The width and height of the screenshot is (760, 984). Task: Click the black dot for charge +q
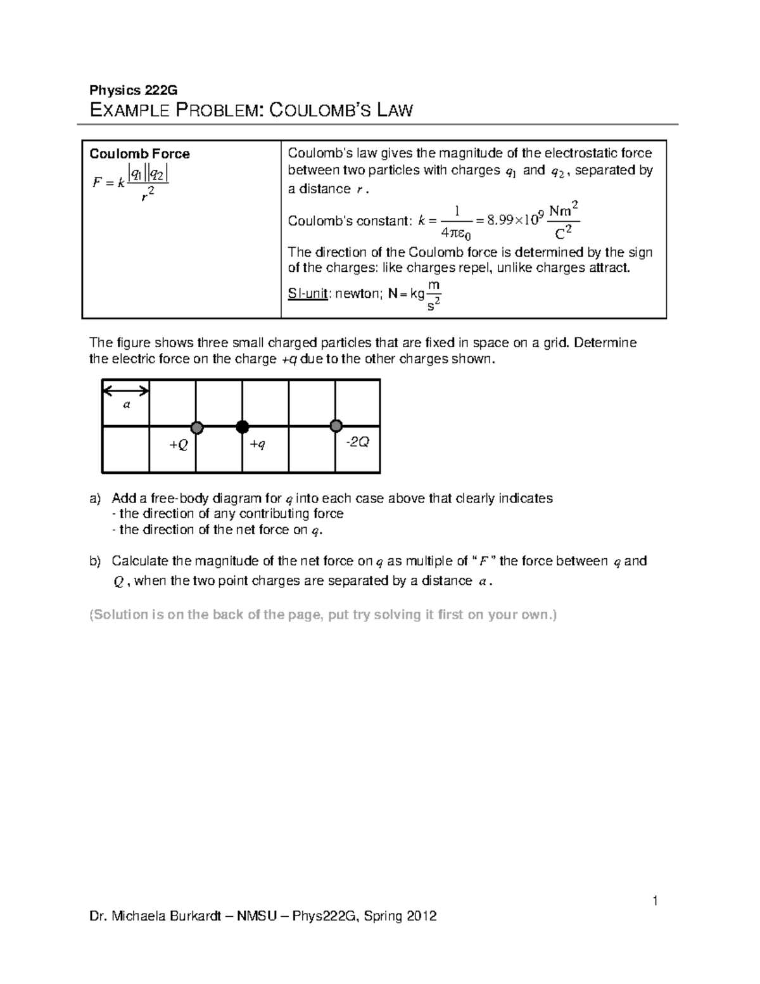(242, 426)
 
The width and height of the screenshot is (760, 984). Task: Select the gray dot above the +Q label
(196, 427)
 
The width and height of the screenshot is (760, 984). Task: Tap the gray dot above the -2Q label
(336, 425)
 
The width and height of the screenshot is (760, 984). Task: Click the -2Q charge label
(357, 442)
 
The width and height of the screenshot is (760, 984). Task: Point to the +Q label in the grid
(178, 445)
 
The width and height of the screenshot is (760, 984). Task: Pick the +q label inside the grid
(257, 444)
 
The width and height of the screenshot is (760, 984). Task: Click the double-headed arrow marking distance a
(126, 390)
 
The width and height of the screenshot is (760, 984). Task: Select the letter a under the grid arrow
(126, 404)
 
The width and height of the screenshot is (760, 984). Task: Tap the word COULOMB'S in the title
(320, 111)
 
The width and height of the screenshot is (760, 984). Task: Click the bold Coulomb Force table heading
(139, 154)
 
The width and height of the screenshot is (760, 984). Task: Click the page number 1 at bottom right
(656, 900)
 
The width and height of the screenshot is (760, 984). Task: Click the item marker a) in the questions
(95, 499)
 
